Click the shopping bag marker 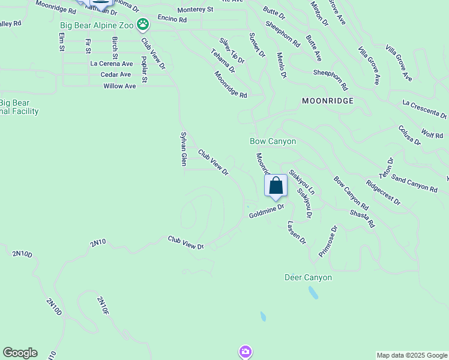(276, 186)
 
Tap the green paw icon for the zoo (143, 25)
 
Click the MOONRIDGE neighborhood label (328, 101)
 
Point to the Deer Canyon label (308, 277)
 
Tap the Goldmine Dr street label (266, 212)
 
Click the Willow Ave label (119, 86)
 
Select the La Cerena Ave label (111, 63)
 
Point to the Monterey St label (195, 10)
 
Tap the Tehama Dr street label (223, 61)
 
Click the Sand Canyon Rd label (414, 183)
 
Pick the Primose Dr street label (328, 241)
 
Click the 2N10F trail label (103, 306)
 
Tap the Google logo (20, 353)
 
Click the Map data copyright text (411, 355)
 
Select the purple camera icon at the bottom (245, 351)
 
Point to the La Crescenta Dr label (425, 109)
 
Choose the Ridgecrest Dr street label (383, 193)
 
